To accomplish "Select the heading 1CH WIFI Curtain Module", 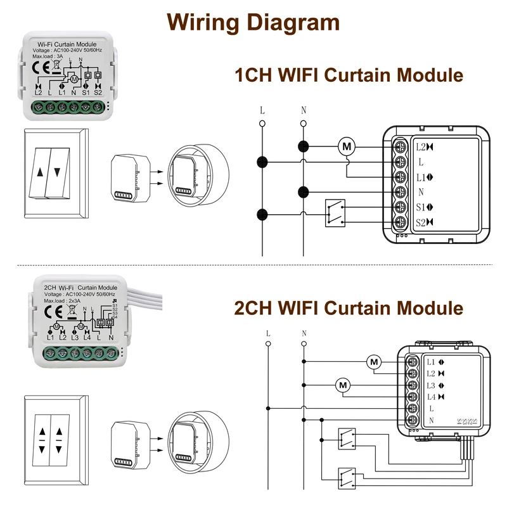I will click(x=349, y=76).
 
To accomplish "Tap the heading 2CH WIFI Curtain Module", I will click(x=349, y=309).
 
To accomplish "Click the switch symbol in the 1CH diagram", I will click(x=334, y=213).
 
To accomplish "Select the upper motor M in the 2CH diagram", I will click(x=374, y=362).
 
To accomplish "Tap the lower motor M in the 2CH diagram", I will click(x=343, y=385).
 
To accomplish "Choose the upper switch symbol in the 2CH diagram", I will click(x=347, y=437).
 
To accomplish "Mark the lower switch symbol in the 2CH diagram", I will click(x=347, y=475).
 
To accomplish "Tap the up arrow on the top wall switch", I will click(x=42, y=171).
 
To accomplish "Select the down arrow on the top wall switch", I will click(x=58, y=171).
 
